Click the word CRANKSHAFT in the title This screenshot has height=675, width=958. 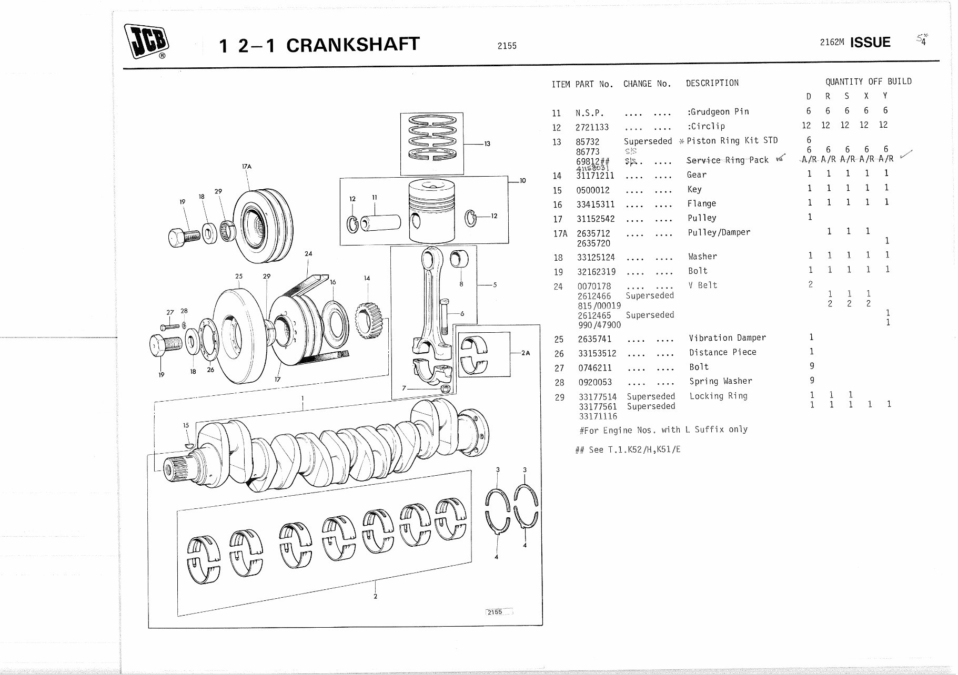point(352,45)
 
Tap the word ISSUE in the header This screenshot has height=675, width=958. point(870,43)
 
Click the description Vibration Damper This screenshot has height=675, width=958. point(727,338)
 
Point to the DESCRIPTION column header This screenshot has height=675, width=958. point(712,83)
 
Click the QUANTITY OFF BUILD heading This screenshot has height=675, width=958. point(868,81)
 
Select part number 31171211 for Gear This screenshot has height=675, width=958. point(596,176)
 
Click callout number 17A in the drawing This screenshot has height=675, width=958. point(246,167)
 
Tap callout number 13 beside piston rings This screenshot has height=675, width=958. point(487,144)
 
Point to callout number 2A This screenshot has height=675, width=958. point(525,353)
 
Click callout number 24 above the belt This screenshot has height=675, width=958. point(308,253)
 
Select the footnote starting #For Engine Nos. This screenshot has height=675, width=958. point(663,430)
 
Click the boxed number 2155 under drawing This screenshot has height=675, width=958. point(495,612)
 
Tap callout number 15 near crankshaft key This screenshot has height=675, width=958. point(186,425)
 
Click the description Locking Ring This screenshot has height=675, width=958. point(718,396)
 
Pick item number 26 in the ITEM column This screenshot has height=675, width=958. point(559,354)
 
